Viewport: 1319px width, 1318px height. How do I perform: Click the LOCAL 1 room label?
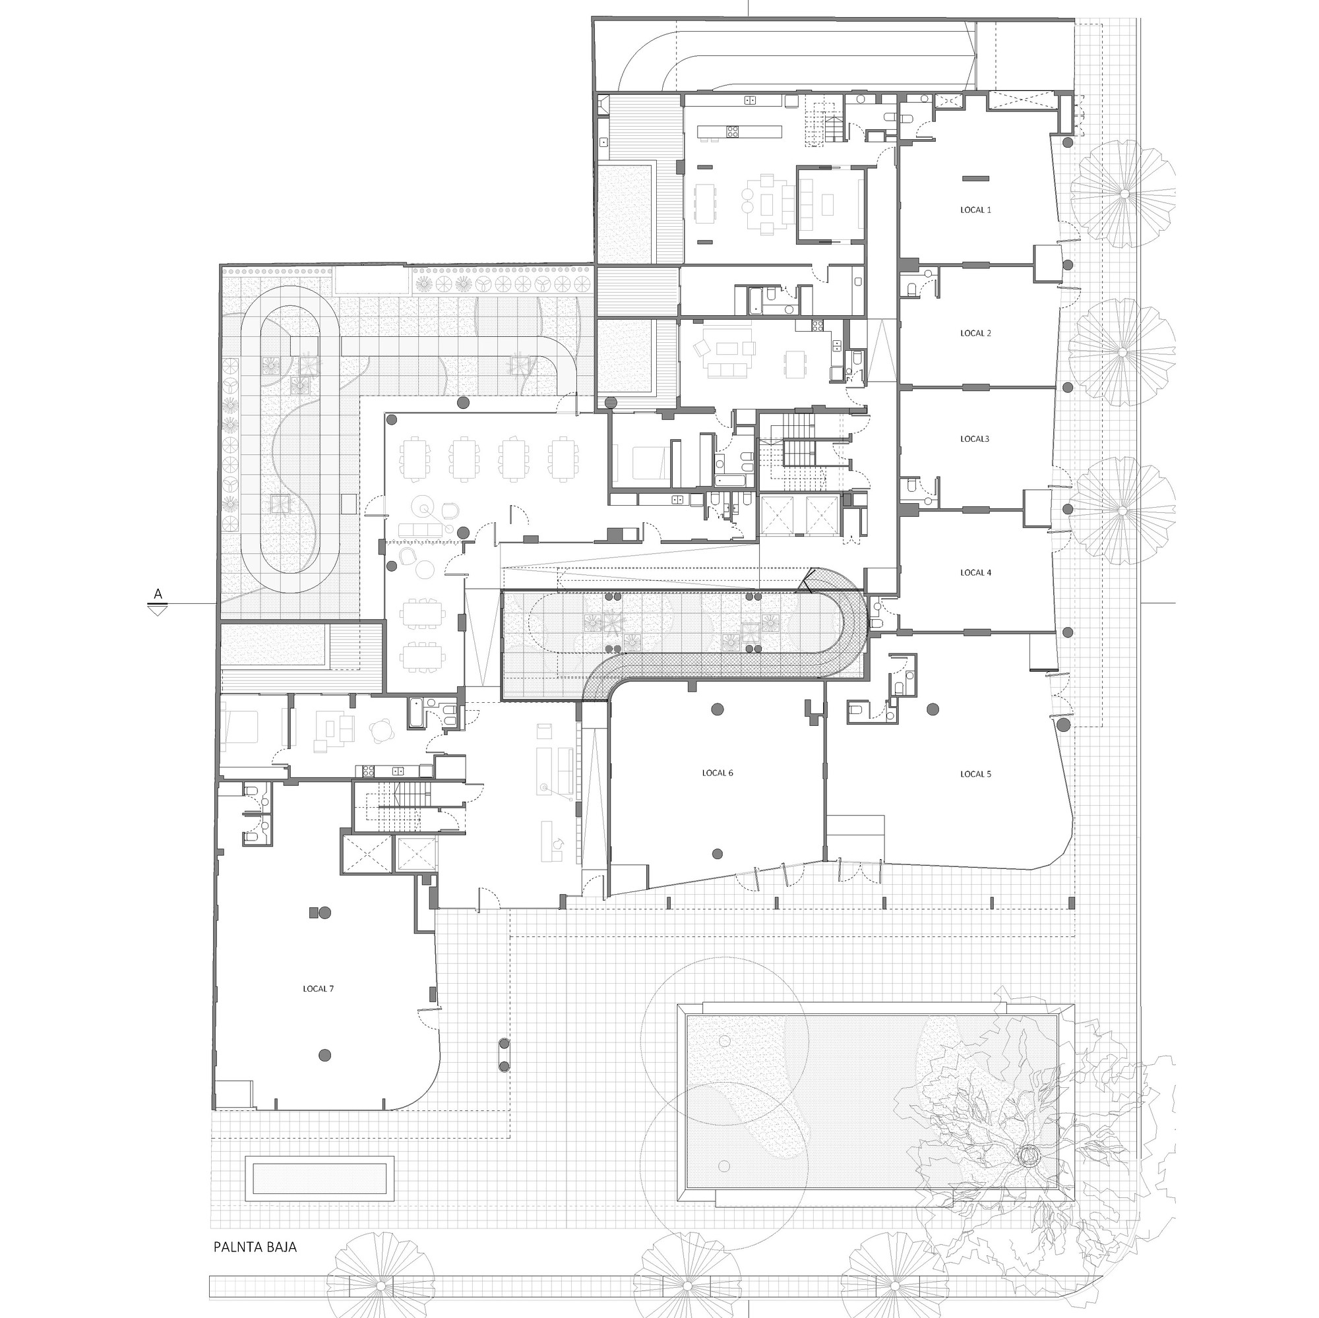(x=975, y=210)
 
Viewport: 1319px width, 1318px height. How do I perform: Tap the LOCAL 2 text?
(x=975, y=333)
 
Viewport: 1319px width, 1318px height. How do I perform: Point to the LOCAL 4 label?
(x=975, y=573)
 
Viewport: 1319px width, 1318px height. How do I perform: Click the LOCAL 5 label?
(x=975, y=774)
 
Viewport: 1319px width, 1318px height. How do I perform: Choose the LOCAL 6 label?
(x=717, y=773)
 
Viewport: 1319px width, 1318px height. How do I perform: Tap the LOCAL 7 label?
(x=318, y=988)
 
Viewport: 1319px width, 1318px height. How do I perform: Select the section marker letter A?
(x=158, y=594)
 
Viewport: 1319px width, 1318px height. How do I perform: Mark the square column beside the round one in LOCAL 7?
(x=313, y=912)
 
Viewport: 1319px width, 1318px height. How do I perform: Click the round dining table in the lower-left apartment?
(x=381, y=732)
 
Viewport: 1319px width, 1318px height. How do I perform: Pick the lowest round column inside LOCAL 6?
(x=717, y=853)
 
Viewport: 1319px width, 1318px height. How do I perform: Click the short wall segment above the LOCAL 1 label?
(x=975, y=178)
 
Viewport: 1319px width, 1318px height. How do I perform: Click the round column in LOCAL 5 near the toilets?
(x=932, y=710)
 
